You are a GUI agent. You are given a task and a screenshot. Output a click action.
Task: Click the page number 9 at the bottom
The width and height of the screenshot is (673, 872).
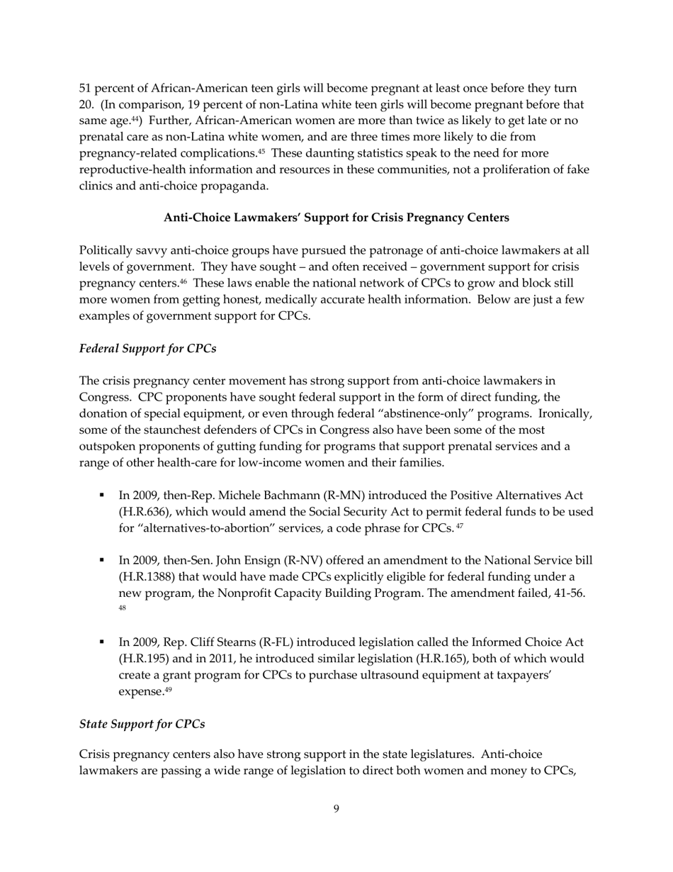tap(336, 809)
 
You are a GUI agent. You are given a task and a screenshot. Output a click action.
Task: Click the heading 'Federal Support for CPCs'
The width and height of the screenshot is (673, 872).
tap(147, 349)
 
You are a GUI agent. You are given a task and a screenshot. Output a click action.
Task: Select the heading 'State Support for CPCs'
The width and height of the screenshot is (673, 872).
tap(142, 724)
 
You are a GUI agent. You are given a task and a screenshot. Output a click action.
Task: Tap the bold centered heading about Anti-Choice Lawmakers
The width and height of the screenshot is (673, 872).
tap(336, 218)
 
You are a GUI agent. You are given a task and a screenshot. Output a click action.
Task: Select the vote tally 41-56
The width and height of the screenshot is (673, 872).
tap(567, 593)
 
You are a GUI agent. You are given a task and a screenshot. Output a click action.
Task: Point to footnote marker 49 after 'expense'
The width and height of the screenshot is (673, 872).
tap(168, 690)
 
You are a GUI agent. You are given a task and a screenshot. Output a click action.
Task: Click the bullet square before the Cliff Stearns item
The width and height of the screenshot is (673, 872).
tap(103, 642)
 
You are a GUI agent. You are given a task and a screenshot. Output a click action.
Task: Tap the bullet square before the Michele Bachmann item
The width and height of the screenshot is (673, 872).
tap(103, 495)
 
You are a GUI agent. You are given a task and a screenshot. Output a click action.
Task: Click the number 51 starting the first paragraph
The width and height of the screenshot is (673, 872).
tap(85, 89)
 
